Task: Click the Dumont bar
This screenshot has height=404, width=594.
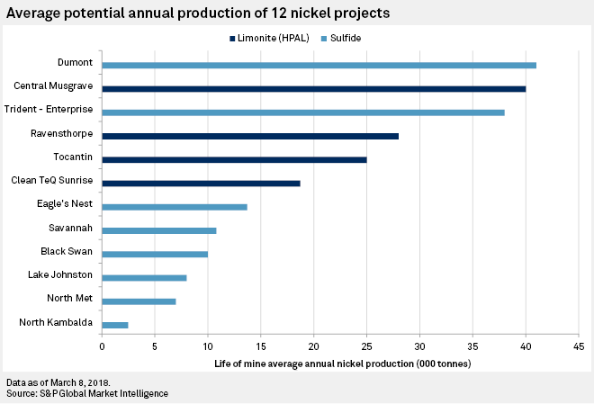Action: (x=319, y=65)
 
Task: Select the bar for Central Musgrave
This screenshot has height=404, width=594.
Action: (x=313, y=88)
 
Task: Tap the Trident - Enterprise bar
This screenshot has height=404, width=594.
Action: (x=303, y=112)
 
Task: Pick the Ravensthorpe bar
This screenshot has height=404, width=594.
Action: (x=250, y=136)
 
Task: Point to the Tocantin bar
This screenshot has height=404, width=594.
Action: (x=234, y=159)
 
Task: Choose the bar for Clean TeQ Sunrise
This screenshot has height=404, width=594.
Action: (x=201, y=183)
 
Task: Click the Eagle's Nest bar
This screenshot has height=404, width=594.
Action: (x=175, y=207)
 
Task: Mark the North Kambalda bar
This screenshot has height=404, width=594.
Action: (x=115, y=324)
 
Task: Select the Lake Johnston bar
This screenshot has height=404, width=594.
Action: (x=144, y=277)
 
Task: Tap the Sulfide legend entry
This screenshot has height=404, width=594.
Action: (x=346, y=39)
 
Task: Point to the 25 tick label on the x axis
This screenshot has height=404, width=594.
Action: (x=366, y=346)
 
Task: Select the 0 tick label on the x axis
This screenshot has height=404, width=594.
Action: (x=102, y=346)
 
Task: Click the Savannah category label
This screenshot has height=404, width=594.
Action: (x=70, y=228)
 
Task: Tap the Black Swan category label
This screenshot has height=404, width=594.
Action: (x=67, y=251)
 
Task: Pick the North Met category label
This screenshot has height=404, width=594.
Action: (x=68, y=298)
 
